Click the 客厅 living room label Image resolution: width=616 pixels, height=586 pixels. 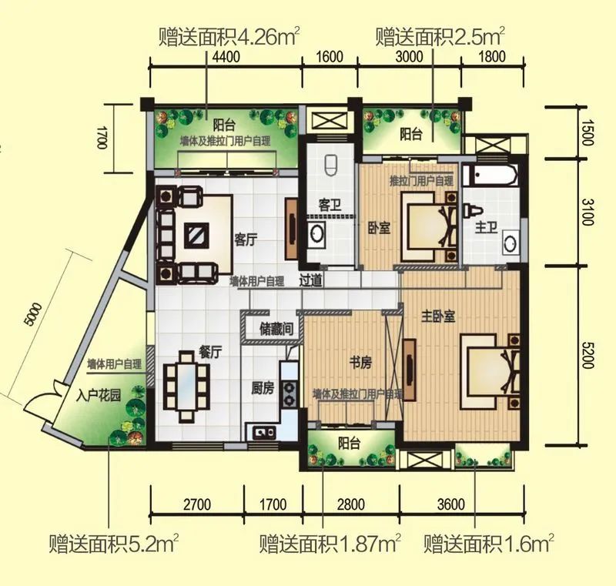pyautogui.click(x=246, y=239)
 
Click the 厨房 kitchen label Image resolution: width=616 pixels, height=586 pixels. pyautogui.click(x=263, y=389)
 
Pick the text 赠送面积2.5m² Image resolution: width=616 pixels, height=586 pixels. pyautogui.click(x=440, y=35)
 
